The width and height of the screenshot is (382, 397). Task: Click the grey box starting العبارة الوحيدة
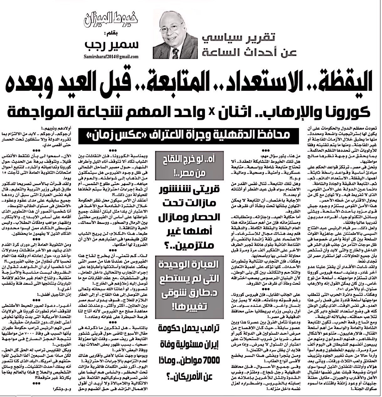tap(188, 284)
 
